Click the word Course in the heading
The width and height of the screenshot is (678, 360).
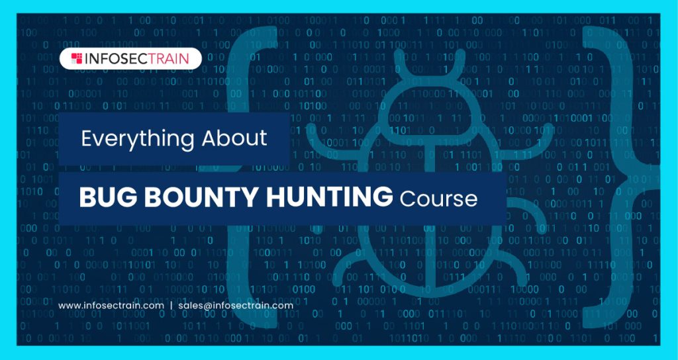(438, 198)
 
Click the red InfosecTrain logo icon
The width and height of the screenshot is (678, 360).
(77, 58)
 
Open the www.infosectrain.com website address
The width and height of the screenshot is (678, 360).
(111, 306)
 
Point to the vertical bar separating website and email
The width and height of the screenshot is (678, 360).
(171, 306)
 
